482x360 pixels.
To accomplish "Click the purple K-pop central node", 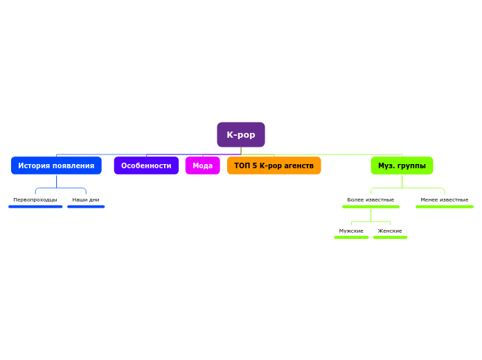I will [x=241, y=135].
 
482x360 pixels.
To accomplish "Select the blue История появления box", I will [x=56, y=165].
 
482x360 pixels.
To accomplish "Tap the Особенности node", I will [x=146, y=165].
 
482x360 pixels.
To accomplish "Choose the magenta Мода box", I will [x=202, y=165].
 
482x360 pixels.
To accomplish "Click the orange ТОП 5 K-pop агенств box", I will [x=274, y=165].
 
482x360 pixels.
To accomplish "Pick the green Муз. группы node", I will [x=402, y=165].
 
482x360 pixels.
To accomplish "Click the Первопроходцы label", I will [x=35, y=199].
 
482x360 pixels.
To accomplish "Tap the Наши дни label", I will [x=86, y=199].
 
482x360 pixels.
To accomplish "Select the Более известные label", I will [x=371, y=199].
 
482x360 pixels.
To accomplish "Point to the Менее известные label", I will [x=445, y=199].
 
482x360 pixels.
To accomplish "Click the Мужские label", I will [x=351, y=231].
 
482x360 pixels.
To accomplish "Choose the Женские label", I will [x=390, y=231].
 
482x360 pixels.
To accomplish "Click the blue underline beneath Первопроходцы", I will [x=35, y=206].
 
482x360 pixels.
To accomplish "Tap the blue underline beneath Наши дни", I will [x=86, y=206].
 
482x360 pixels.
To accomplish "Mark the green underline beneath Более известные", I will [x=371, y=206].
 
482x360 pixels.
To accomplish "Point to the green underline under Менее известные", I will [x=445, y=206].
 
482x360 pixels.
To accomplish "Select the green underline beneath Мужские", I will [x=351, y=237].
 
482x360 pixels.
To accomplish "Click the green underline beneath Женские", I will [x=390, y=237].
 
